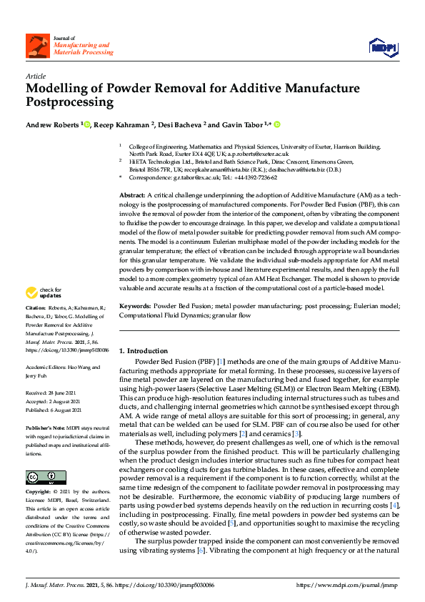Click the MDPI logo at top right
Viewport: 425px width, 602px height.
[382, 46]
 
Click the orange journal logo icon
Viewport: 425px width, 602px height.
[37, 46]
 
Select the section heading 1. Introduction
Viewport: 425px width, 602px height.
[143, 351]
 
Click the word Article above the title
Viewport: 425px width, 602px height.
[35, 75]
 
